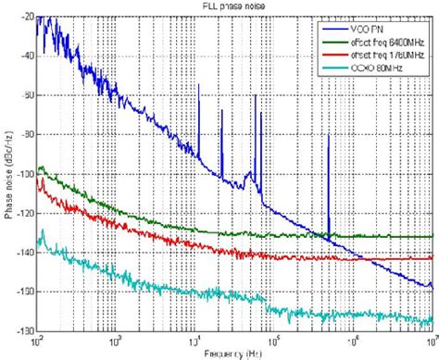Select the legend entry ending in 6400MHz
click(x=390, y=43)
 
